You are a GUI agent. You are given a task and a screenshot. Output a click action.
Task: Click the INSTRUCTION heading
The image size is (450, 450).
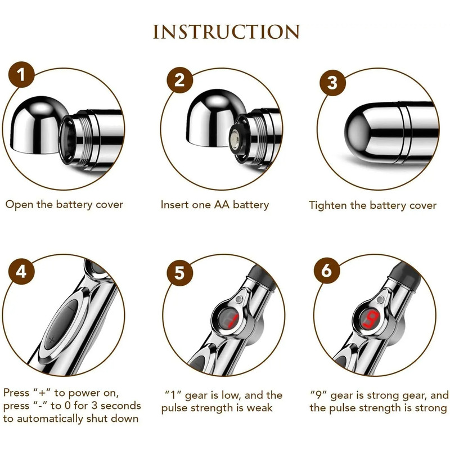tap(226, 32)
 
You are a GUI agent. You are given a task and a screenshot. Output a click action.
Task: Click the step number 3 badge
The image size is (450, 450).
tap(332, 83)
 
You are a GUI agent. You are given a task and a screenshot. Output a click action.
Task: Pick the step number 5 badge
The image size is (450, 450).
tap(179, 272)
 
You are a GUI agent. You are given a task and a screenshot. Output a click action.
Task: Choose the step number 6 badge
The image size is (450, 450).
tap(327, 271)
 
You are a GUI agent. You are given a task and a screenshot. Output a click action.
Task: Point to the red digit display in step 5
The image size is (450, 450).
tap(229, 320)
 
